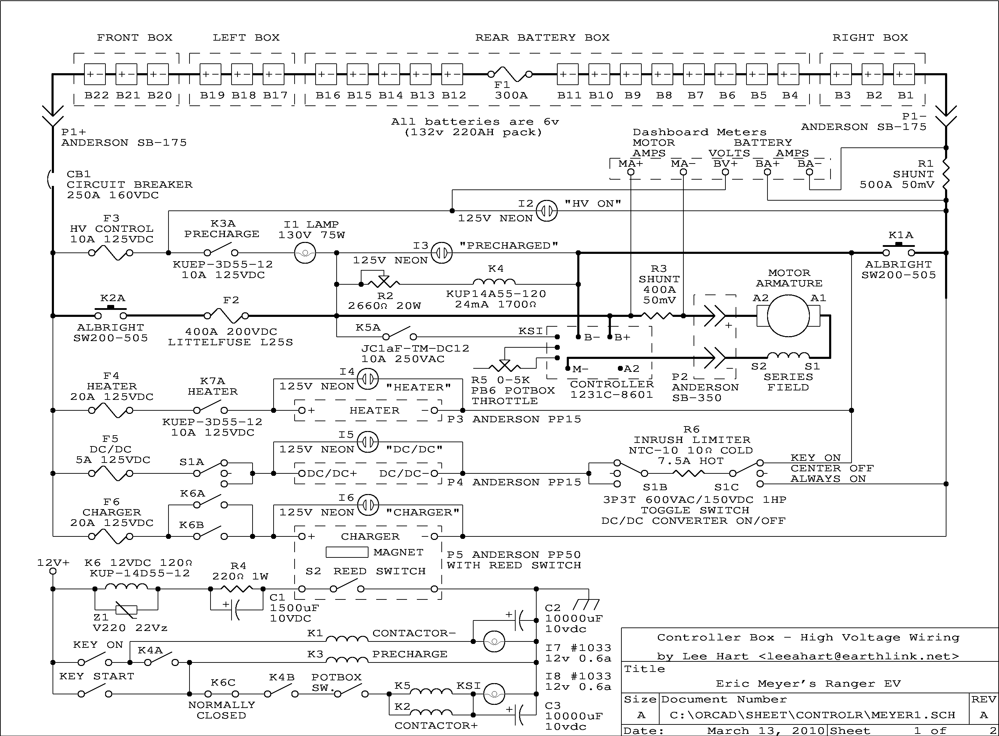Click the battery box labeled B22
(95, 74)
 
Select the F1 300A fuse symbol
(510, 74)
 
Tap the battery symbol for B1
(904, 74)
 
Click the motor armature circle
(788, 315)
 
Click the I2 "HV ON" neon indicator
(546, 211)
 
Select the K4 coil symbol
(494, 282)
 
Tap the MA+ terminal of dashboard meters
(631, 172)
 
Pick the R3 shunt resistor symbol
(658, 316)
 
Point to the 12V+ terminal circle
(53, 571)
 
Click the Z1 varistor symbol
(126, 610)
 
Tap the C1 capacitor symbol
(235, 610)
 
